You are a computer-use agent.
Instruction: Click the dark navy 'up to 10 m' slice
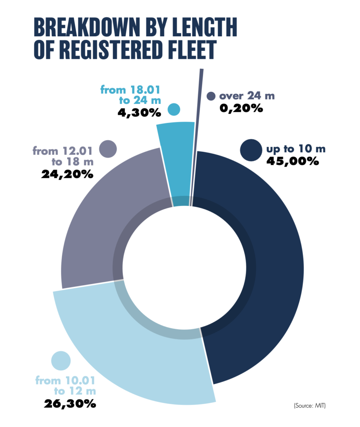[x=267, y=267]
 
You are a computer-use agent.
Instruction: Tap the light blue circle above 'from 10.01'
[x=61, y=360]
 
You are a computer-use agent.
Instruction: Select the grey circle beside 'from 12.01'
[x=108, y=148]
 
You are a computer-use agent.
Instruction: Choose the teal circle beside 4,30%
[x=174, y=110]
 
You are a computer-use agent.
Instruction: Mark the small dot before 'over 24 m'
[x=211, y=96]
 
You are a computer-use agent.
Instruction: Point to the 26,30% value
[x=70, y=404]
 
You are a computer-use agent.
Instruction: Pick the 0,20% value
[x=241, y=108]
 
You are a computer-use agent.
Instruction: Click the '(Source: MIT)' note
[x=309, y=405]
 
